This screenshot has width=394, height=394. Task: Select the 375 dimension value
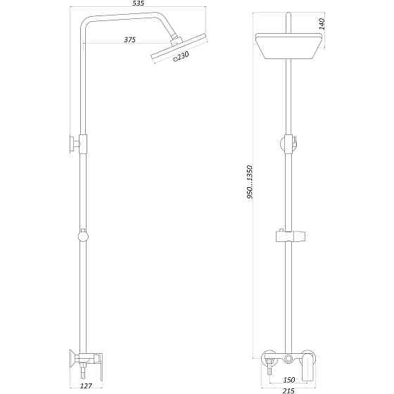129,39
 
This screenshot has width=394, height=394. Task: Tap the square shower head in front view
288,46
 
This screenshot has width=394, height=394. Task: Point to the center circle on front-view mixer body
288,359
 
